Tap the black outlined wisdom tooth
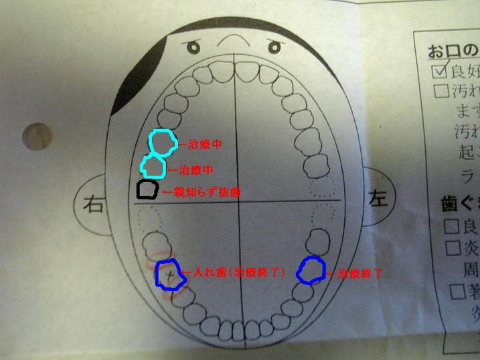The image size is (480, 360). tap(147, 189)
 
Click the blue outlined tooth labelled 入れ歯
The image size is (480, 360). tap(171, 274)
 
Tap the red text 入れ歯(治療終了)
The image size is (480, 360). tap(238, 273)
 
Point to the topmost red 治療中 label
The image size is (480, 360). tap(199, 144)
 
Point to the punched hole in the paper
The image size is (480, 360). tap(37, 137)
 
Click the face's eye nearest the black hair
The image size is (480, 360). tap(193, 48)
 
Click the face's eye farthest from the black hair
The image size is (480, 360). tap(274, 47)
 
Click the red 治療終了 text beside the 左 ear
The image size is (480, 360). tap(359, 274)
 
